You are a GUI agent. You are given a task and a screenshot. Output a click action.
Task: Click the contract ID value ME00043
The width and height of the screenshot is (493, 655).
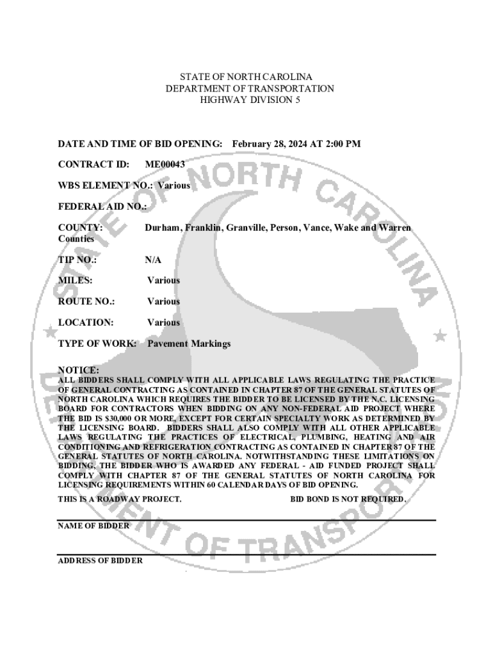165,164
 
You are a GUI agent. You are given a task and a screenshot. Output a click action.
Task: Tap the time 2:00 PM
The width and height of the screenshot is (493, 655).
343,144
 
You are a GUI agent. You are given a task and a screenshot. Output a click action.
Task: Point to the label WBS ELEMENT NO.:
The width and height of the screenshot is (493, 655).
106,185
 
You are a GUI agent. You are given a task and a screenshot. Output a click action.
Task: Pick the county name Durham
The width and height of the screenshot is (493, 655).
162,228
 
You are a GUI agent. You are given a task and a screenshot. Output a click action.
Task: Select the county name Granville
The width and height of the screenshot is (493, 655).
243,228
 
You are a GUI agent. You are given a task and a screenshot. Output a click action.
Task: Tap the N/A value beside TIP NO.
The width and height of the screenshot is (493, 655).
153,260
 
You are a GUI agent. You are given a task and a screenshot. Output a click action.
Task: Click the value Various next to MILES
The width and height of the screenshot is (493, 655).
163,280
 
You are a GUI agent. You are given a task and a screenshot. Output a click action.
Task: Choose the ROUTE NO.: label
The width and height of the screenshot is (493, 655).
86,301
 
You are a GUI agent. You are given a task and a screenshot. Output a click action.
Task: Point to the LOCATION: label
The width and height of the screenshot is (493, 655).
86,322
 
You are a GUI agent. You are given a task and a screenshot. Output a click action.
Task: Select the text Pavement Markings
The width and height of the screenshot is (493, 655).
189,343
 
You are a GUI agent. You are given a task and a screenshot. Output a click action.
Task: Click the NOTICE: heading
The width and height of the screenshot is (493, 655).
79,370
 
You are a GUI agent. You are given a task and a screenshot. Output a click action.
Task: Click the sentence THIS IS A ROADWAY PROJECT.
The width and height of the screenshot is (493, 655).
120,499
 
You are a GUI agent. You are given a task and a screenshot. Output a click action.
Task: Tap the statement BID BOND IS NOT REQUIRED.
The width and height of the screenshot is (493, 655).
348,499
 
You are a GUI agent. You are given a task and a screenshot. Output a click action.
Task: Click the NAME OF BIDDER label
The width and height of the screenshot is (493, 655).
93,526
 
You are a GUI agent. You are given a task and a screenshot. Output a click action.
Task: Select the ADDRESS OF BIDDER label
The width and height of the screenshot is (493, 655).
101,560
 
